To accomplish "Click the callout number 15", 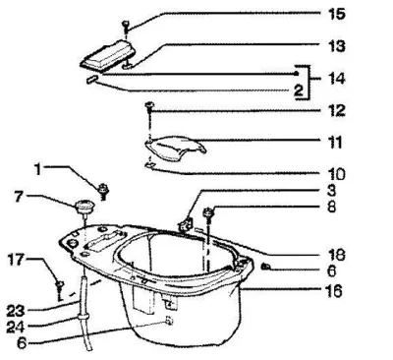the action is tap(336, 14).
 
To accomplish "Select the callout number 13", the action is tap(336, 46).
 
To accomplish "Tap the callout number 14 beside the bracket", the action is tap(336, 79).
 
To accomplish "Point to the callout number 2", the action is tap(299, 90).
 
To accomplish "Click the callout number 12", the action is tap(336, 111).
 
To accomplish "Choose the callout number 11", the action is tap(335, 143).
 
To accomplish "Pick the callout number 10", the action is tap(336, 174).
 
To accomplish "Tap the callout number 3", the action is tap(331, 191).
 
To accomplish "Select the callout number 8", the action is tap(331, 207).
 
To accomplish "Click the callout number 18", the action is tap(336, 255).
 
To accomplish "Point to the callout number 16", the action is tap(334, 291).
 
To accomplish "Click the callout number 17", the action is tap(17, 260).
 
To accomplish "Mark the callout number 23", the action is tap(16, 311).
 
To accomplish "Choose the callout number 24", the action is tap(16, 327).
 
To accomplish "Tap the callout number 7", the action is tap(20, 197).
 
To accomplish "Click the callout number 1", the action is tap(38, 169).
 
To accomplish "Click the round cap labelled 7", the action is tap(85, 208).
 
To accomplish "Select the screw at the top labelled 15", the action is tap(126, 27).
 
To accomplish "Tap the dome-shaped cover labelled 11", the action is tap(176, 149).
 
